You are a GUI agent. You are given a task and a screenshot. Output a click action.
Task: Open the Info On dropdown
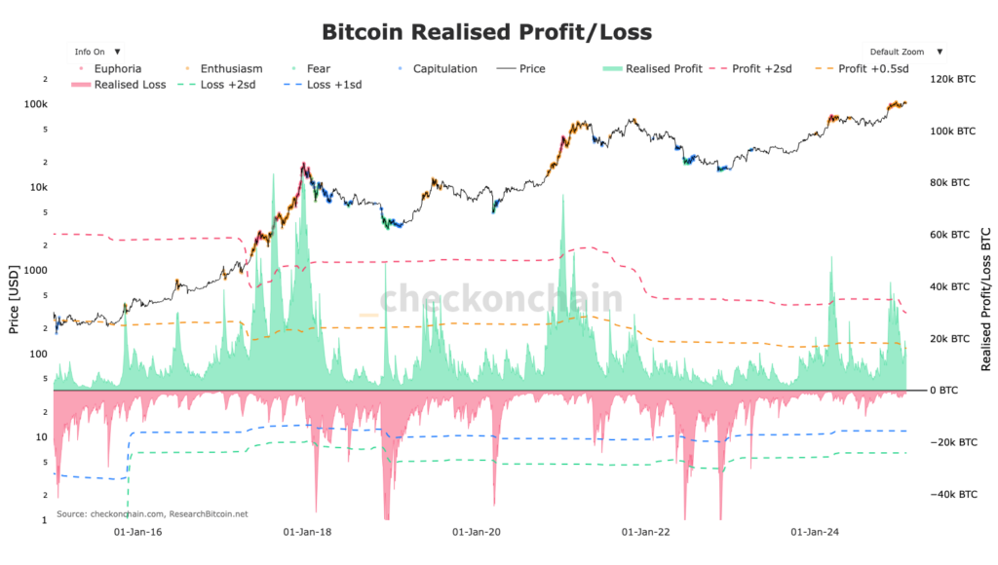(x=97, y=51)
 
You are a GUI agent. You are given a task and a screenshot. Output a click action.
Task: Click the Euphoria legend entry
(x=116, y=69)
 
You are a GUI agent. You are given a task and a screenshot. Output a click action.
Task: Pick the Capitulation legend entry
(x=444, y=69)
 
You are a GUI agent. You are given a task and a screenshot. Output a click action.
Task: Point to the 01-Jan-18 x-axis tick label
(x=308, y=533)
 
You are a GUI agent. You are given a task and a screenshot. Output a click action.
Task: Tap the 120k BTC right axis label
(x=952, y=79)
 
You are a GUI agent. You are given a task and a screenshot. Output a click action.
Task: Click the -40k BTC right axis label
(x=954, y=495)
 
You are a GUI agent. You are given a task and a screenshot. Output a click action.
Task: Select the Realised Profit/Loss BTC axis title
(x=985, y=299)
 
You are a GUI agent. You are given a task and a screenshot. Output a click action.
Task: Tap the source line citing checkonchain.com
(x=152, y=513)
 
